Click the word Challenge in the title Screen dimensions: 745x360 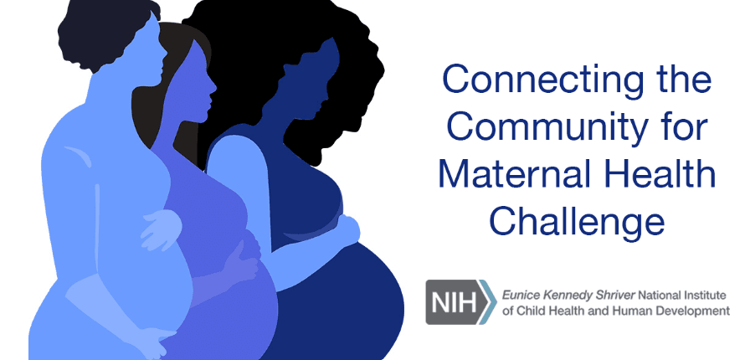pos(578,221)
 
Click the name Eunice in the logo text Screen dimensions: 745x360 pos(516,296)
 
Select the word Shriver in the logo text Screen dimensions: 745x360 pos(617,296)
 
